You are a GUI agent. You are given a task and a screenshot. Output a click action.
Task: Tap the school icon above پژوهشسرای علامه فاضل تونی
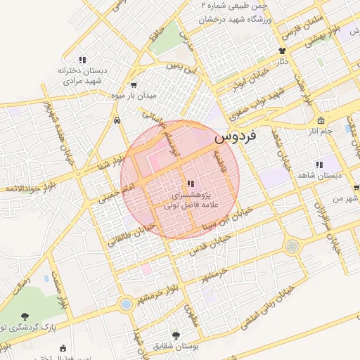click(191, 183)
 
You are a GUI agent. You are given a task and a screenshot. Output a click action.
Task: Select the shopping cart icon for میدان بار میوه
click(134, 84)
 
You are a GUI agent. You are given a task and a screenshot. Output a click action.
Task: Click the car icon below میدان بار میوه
click(116, 120)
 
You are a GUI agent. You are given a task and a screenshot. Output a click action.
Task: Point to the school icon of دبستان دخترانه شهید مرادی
click(82, 60)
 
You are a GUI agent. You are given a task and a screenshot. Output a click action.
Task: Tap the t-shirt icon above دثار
click(283, 51)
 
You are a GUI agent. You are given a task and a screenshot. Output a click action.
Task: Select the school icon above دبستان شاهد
click(319, 165)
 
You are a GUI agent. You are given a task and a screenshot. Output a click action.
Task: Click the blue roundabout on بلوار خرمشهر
click(126, 304)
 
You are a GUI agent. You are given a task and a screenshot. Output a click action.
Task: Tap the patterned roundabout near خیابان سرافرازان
click(292, 246)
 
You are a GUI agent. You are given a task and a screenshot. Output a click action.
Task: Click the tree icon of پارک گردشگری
click(26, 316)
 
